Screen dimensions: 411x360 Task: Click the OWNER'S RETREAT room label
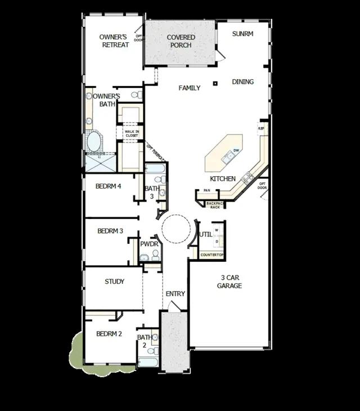point(114,41)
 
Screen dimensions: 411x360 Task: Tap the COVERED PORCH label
point(181,41)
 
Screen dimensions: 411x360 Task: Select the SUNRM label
point(243,34)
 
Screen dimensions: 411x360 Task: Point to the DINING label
point(243,82)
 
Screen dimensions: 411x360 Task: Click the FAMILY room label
point(190,88)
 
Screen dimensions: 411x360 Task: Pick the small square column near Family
point(215,84)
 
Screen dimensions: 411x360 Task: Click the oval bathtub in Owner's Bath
point(94,141)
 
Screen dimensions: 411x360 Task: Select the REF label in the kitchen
point(261,129)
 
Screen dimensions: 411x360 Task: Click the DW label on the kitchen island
point(236,150)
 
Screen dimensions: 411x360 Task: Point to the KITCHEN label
point(223,178)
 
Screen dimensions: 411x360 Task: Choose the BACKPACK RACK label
point(214,205)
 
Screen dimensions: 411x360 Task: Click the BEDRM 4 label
point(109,186)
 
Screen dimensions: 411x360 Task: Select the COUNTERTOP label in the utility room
point(213,255)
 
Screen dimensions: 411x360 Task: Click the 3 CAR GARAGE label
point(229,282)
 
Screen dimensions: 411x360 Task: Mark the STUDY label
point(115,282)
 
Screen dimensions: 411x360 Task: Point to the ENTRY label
point(175,294)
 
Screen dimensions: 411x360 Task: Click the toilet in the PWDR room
point(144,258)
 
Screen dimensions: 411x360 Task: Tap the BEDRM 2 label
point(109,334)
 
